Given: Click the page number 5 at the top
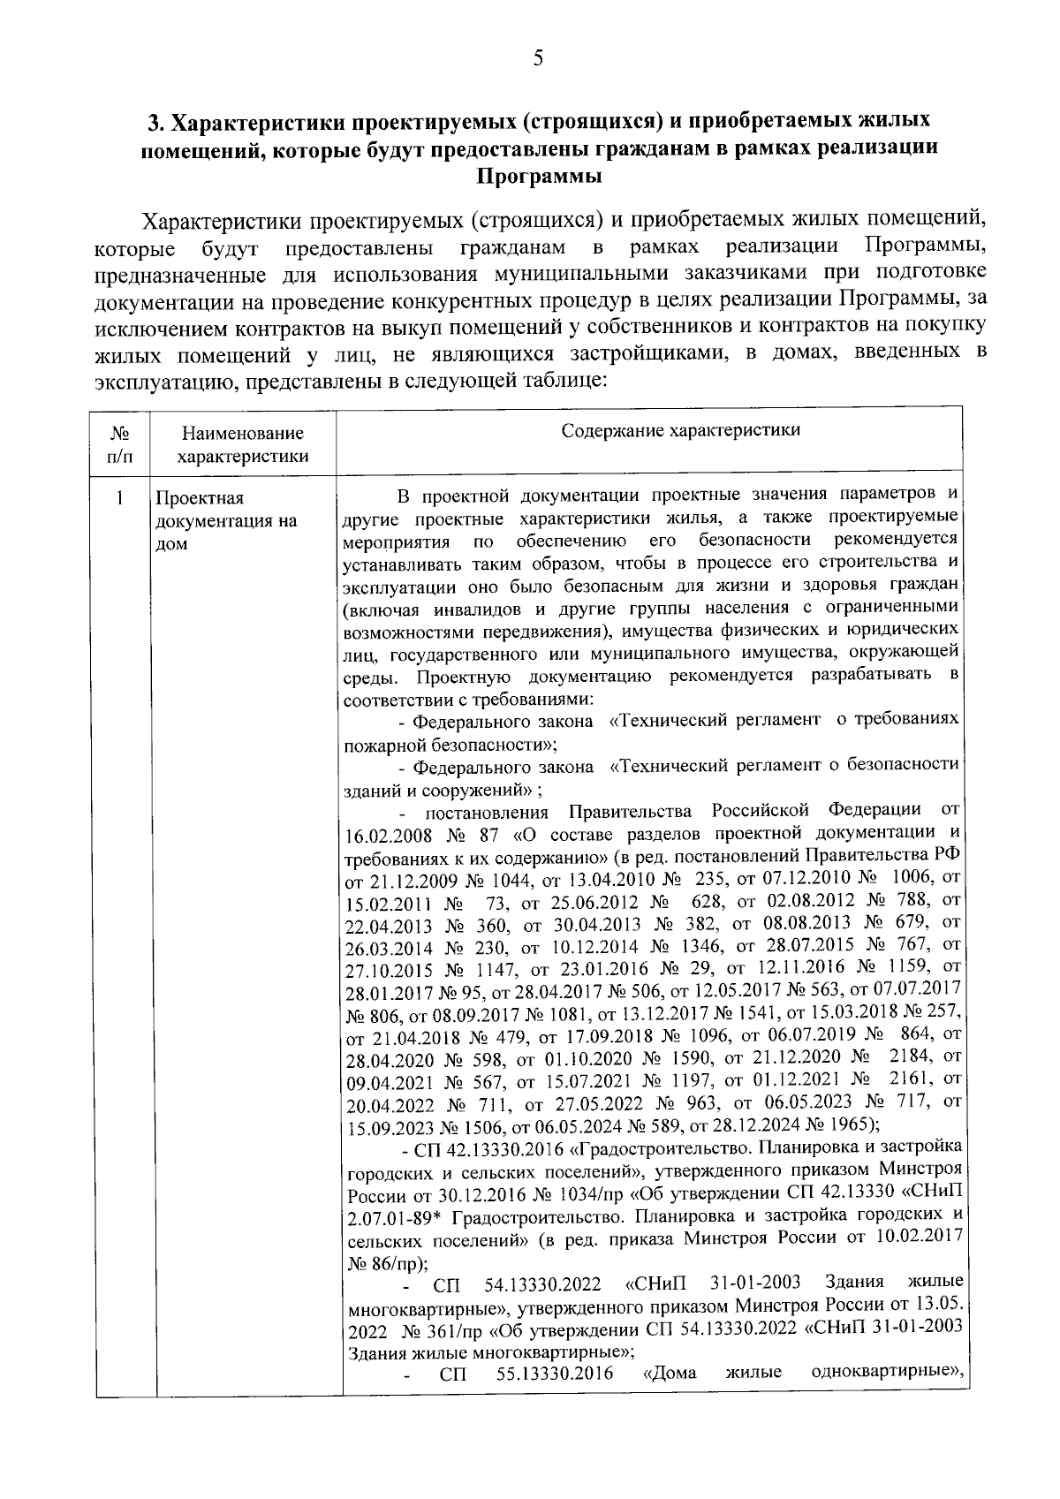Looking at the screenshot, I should tap(538, 60).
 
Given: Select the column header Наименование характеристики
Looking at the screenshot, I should tap(243, 444).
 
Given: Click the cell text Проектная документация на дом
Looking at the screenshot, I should tap(226, 521).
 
